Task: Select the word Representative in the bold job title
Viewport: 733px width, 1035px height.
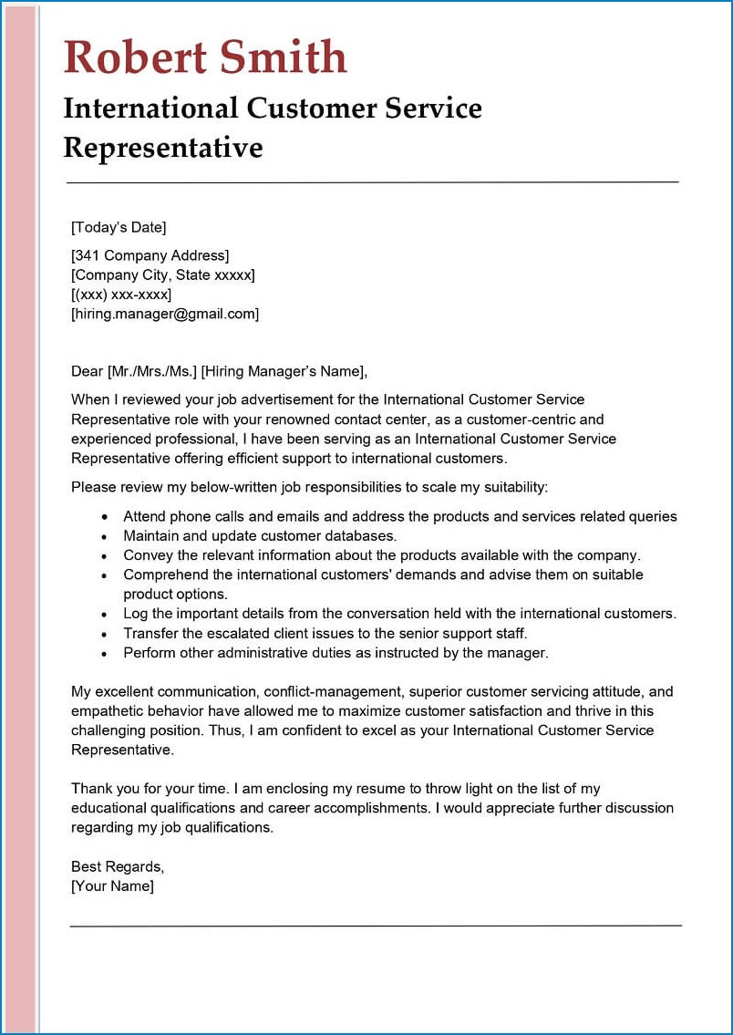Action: [163, 147]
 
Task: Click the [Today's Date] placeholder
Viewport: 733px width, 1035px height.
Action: [119, 228]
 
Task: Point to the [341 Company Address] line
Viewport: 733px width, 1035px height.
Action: [150, 255]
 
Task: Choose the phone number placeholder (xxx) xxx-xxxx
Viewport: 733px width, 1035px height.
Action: [121, 295]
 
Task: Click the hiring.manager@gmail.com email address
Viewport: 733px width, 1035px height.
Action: [165, 314]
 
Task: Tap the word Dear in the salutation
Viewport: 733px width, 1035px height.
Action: [88, 371]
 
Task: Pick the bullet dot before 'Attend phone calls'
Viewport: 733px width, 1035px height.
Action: [106, 518]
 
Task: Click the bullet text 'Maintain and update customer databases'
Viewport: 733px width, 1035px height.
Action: [260, 536]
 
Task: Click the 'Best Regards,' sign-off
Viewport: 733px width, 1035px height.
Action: [118, 866]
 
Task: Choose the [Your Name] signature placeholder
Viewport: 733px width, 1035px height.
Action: [112, 885]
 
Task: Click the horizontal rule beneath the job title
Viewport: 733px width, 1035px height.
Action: [372, 182]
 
